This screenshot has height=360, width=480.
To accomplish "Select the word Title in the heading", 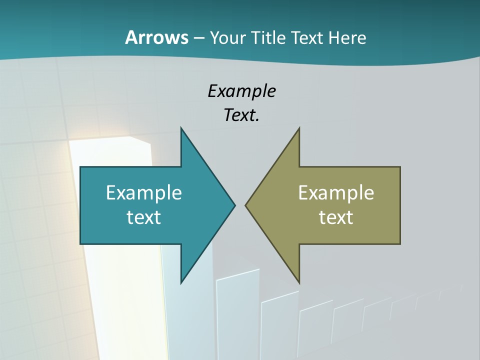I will coord(269,37).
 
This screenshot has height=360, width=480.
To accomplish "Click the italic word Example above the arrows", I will coord(241,91).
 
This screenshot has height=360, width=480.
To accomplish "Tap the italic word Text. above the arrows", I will coord(241,115).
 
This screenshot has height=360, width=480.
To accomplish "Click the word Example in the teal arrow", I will coord(144,192).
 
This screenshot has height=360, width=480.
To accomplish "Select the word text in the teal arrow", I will coord(144,217).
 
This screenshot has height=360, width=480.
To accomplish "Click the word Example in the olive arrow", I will coord(336,192).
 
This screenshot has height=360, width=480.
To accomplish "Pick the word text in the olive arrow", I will coord(336,217).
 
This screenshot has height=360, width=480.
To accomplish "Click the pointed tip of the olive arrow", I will coord(246,205).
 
